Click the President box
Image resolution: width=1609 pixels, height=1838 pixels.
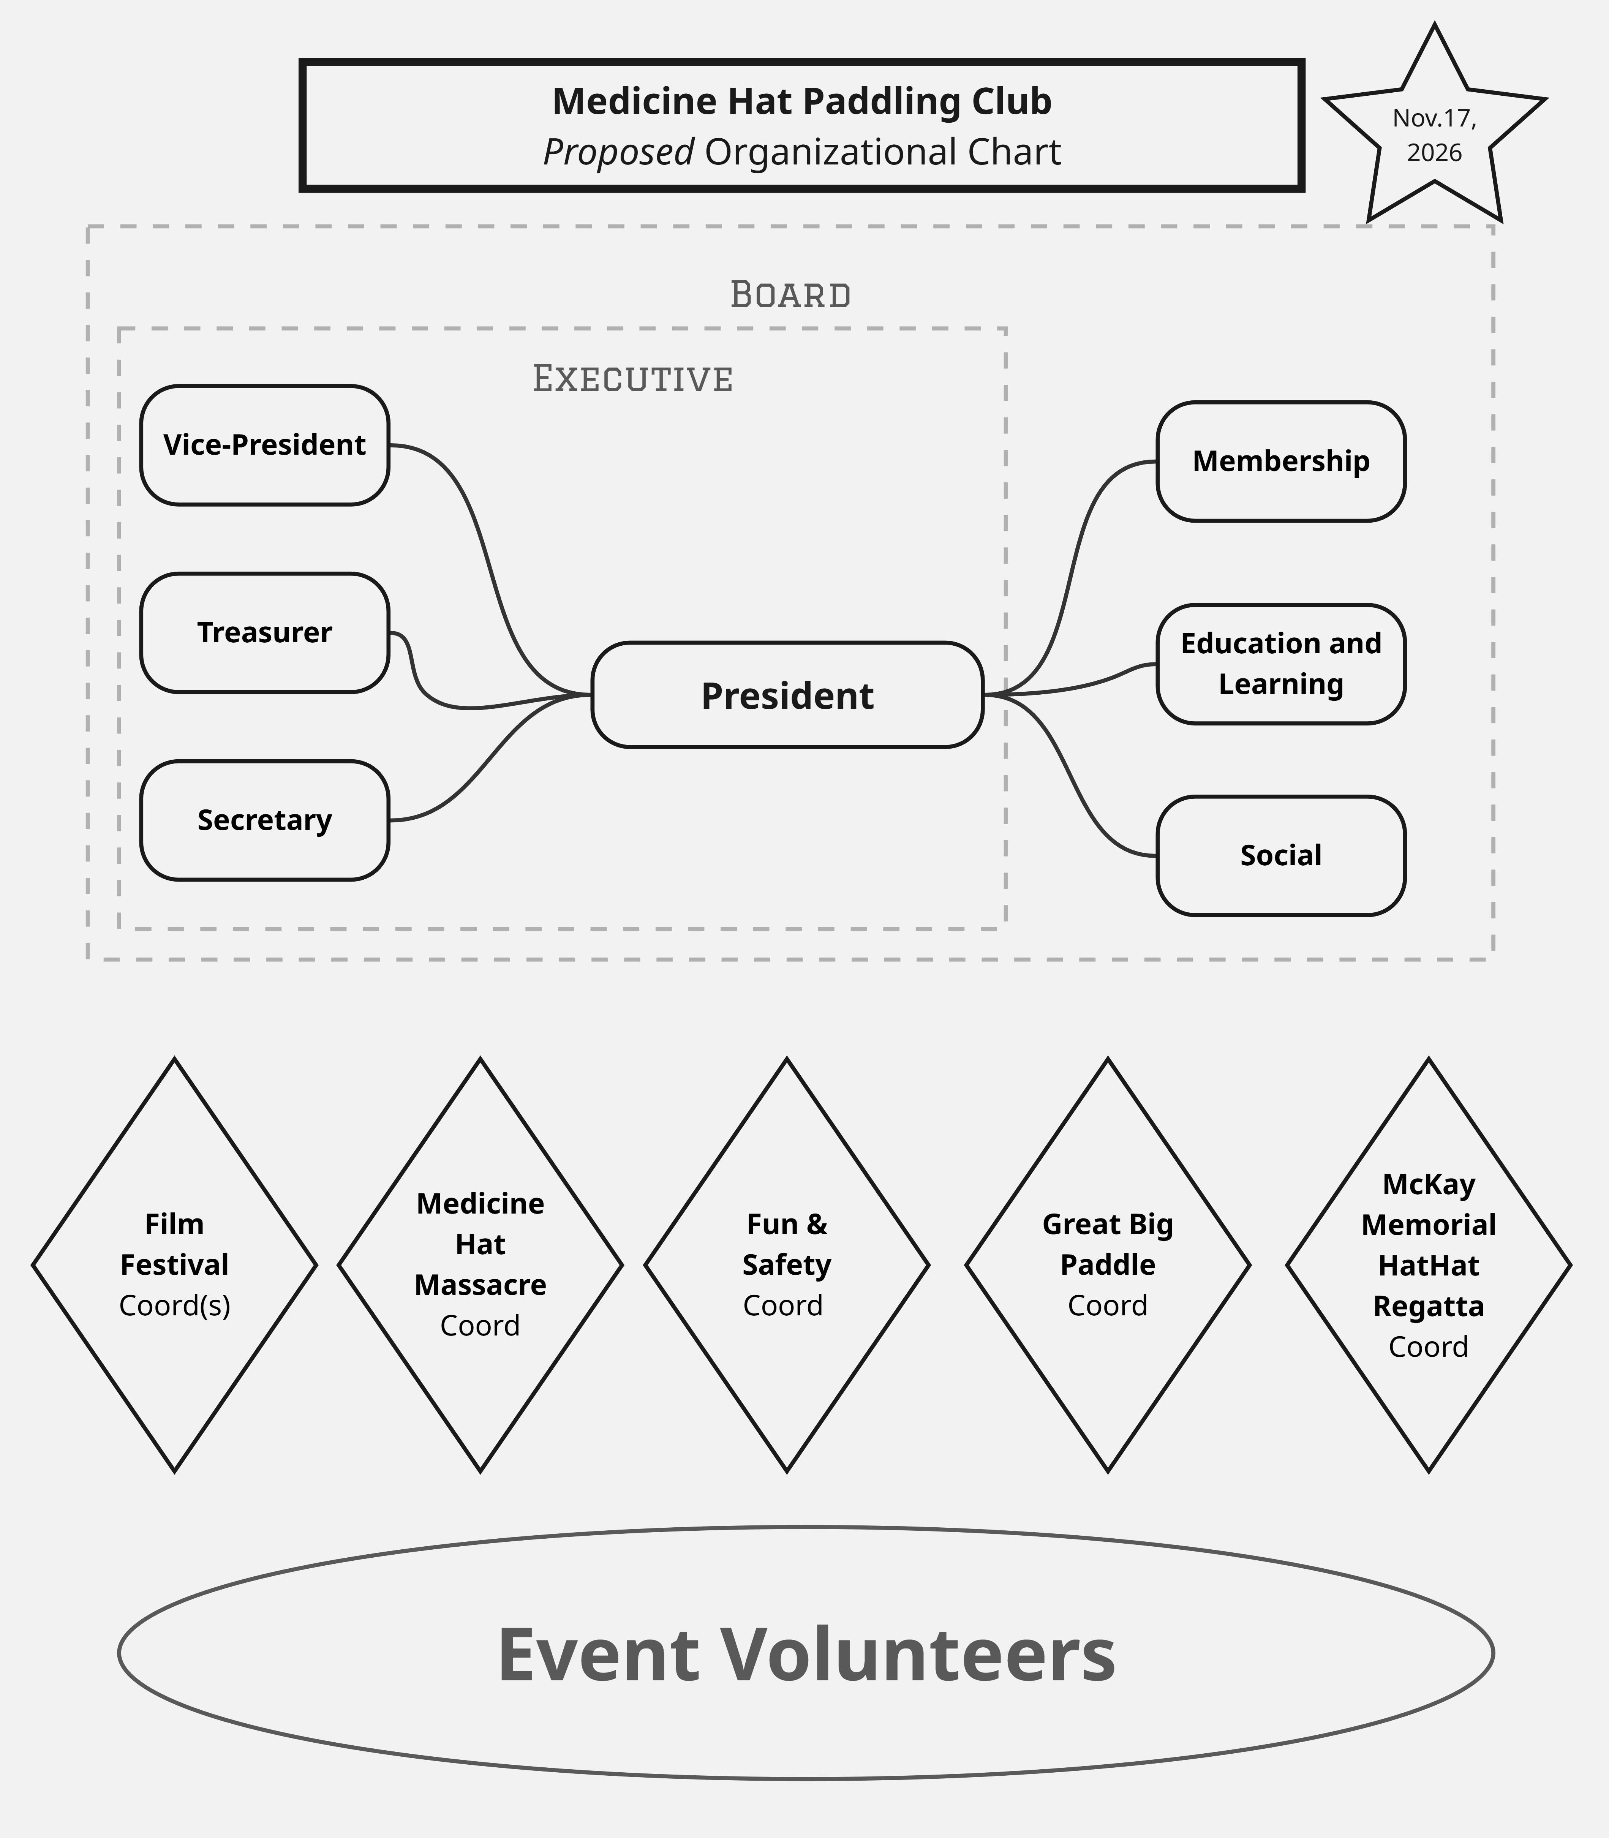pos(787,695)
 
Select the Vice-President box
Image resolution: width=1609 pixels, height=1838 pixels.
pos(264,446)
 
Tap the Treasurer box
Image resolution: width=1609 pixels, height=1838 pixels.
pos(264,633)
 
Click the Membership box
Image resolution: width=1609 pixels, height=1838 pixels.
pos(1280,461)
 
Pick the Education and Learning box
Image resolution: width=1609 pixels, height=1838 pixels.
pos(1280,664)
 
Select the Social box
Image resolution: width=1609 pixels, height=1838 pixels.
pos(1280,856)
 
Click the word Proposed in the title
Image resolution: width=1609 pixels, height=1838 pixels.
pos(619,153)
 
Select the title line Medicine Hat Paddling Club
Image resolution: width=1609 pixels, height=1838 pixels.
pos(802,101)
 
